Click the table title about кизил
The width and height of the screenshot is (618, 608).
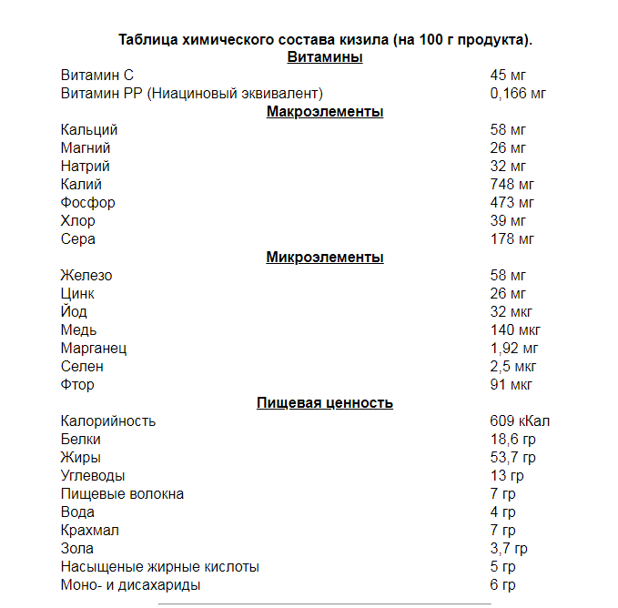click(x=325, y=40)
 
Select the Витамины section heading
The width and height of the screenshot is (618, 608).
click(x=325, y=57)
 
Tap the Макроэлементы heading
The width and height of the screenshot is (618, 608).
click(x=325, y=112)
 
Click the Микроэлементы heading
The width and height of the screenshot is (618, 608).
click(x=325, y=258)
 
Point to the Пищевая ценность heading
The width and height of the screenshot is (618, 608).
click(x=325, y=403)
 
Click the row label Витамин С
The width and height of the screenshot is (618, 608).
click(x=97, y=76)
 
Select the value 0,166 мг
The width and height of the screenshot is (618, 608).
click(x=518, y=94)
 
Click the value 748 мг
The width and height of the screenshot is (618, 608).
click(x=512, y=185)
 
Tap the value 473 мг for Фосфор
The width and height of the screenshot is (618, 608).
click(x=512, y=203)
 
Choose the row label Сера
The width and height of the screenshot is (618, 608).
click(x=78, y=239)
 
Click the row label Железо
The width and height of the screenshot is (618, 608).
click(x=86, y=276)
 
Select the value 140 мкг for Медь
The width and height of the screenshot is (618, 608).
click(x=515, y=330)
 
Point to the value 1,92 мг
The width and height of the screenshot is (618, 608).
click(x=514, y=349)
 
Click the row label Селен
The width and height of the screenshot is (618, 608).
click(x=82, y=367)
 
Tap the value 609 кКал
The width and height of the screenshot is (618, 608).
click(x=520, y=421)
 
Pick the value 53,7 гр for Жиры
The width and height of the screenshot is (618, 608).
click(x=512, y=458)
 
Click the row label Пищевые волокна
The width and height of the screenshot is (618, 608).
click(x=122, y=494)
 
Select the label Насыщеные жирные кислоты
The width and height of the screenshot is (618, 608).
click(x=159, y=567)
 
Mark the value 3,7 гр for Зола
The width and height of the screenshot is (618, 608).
click(x=509, y=549)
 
